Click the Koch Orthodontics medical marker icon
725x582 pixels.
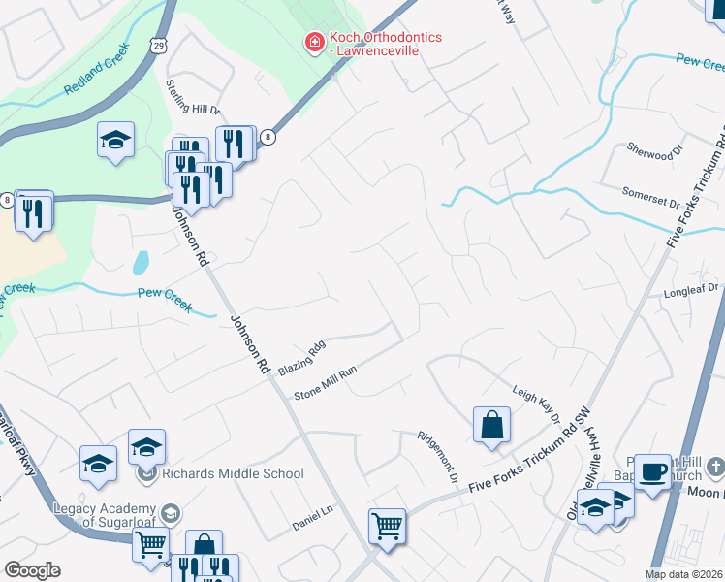point(313,43)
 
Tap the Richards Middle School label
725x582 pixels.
point(234,474)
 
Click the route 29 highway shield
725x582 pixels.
point(160,46)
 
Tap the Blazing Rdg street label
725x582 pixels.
point(301,359)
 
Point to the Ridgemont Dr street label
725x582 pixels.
point(436,457)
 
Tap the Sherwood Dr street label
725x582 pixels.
point(649,154)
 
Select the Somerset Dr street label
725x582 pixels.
point(650,198)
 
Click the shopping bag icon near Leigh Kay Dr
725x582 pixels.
point(491,425)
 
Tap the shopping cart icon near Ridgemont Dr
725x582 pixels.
point(387,527)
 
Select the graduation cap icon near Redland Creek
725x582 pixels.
point(115,140)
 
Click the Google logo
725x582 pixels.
point(32,570)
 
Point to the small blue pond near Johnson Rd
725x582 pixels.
point(142,262)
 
